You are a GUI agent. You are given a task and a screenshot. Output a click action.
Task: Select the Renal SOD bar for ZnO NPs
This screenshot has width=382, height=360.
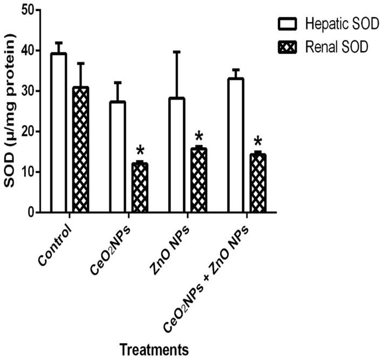coord(198,180)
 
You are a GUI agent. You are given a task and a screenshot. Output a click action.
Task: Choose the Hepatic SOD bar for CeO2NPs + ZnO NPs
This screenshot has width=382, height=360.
coord(236,146)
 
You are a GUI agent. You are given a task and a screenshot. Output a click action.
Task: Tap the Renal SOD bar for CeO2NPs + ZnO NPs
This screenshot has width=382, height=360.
coord(257,183)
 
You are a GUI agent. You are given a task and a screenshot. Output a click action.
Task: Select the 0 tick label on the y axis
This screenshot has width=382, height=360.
coord(26,212)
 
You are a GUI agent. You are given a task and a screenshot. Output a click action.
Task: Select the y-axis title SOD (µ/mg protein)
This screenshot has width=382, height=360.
coord(9,111)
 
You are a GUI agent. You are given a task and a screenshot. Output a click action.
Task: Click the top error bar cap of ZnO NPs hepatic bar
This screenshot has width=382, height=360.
coord(176,52)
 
